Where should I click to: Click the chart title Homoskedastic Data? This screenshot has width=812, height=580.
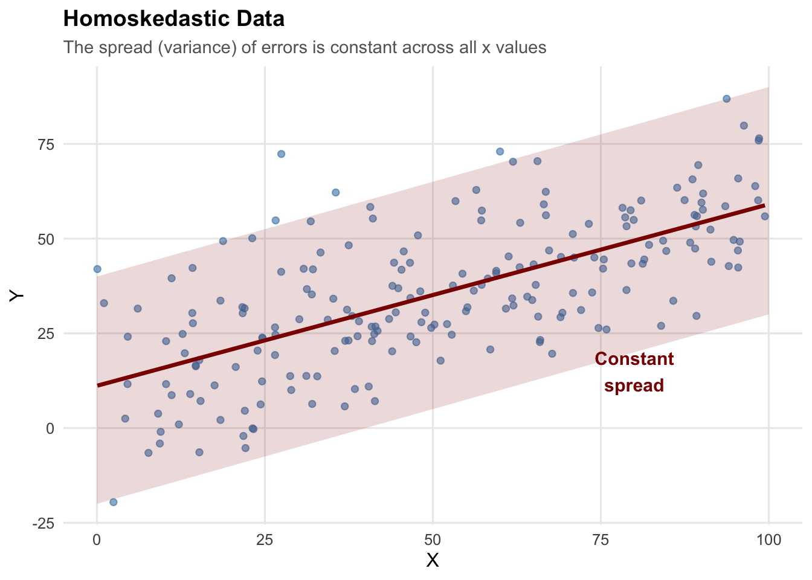tap(173, 19)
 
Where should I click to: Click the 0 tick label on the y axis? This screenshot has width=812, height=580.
tap(50, 428)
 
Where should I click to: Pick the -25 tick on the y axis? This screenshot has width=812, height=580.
tap(44, 523)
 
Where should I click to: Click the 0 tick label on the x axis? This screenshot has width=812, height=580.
tap(97, 540)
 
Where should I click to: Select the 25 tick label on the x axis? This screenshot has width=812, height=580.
tap(265, 540)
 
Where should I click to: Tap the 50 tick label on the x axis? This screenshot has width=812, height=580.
tap(433, 540)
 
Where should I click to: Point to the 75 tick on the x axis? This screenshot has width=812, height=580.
tap(601, 540)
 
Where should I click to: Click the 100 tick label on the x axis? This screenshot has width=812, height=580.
tap(768, 540)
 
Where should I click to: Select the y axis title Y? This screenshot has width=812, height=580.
tap(17, 295)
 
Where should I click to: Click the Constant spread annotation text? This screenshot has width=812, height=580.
tap(634, 372)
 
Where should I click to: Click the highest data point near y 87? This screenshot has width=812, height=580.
tap(727, 98)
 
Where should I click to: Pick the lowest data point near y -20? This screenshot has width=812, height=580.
tap(113, 502)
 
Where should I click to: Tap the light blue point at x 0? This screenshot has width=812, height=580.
tap(97, 269)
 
